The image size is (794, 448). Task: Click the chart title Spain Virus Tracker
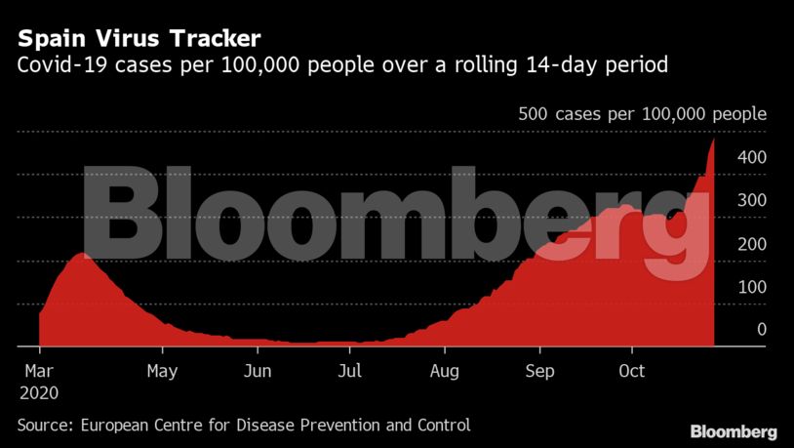tap(138, 39)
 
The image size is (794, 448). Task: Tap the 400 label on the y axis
tap(753, 157)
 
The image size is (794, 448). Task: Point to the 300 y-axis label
tap(753, 200)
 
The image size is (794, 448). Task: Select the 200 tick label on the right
tap(753, 243)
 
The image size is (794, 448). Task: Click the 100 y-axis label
tap(753, 286)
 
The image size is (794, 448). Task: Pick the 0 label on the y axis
tap(762, 329)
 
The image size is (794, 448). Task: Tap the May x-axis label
tap(161, 372)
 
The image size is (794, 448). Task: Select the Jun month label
tap(257, 372)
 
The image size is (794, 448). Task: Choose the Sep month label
tap(539, 372)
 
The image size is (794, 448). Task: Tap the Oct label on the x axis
tap(632, 372)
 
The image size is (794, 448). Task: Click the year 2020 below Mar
tap(37, 393)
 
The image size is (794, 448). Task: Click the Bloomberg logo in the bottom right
tap(734, 431)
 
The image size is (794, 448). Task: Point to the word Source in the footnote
tap(44, 426)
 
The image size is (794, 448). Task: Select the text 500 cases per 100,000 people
tap(642, 114)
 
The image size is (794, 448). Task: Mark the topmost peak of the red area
tap(713, 141)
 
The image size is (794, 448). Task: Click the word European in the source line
tap(115, 426)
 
